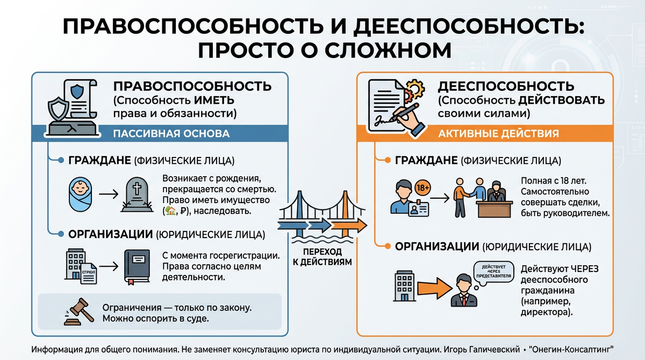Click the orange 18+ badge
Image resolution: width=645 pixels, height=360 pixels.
[x=423, y=188]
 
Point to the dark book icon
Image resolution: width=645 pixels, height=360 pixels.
[x=138, y=265]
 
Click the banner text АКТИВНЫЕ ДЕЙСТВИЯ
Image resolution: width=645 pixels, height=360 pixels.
[x=499, y=133]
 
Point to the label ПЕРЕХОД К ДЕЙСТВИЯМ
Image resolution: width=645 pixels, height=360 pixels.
[x=322, y=257]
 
